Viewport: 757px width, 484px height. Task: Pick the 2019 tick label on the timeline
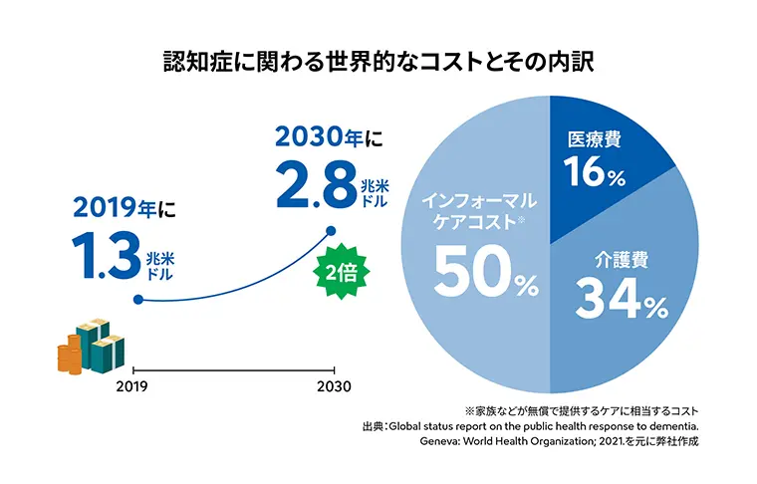coord(132,386)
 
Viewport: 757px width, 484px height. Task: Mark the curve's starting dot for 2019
coord(135,300)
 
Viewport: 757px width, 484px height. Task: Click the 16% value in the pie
coord(595,174)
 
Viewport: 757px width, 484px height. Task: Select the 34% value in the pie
coord(623,300)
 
